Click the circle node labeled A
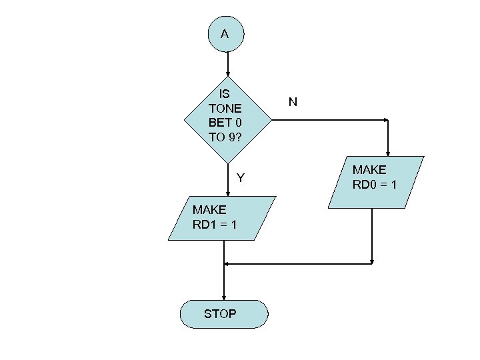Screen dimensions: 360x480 coord(225,34)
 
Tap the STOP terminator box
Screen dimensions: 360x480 coord(223,313)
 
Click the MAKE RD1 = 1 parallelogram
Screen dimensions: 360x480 coord(222,218)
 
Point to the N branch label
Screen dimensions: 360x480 coord(293,102)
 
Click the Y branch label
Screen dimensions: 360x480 coord(241,178)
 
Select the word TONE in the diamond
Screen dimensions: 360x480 coord(225,108)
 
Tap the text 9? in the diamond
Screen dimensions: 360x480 coord(233,137)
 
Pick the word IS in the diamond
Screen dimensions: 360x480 coord(225,94)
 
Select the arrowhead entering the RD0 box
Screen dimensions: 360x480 coord(387,152)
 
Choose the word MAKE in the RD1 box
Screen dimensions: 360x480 coord(209,210)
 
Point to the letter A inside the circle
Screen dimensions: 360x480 coord(225,34)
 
